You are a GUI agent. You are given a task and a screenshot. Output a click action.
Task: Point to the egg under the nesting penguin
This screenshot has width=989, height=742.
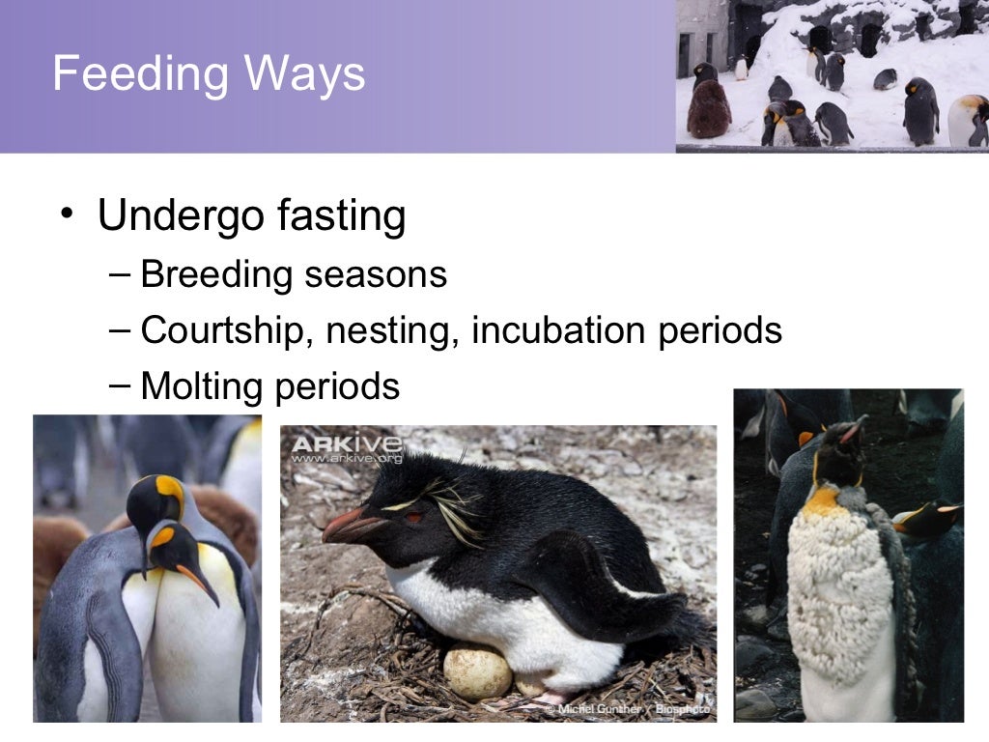coord(477,672)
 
